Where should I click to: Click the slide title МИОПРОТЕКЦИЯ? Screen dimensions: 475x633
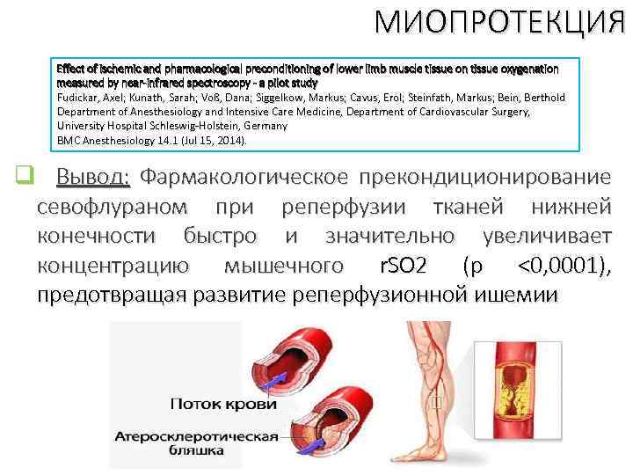click(498, 21)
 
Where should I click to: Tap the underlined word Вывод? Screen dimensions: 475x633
click(93, 177)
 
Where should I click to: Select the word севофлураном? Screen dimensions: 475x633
click(112, 208)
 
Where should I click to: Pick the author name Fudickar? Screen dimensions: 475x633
click(78, 97)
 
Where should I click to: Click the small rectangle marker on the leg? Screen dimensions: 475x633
click(437, 404)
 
